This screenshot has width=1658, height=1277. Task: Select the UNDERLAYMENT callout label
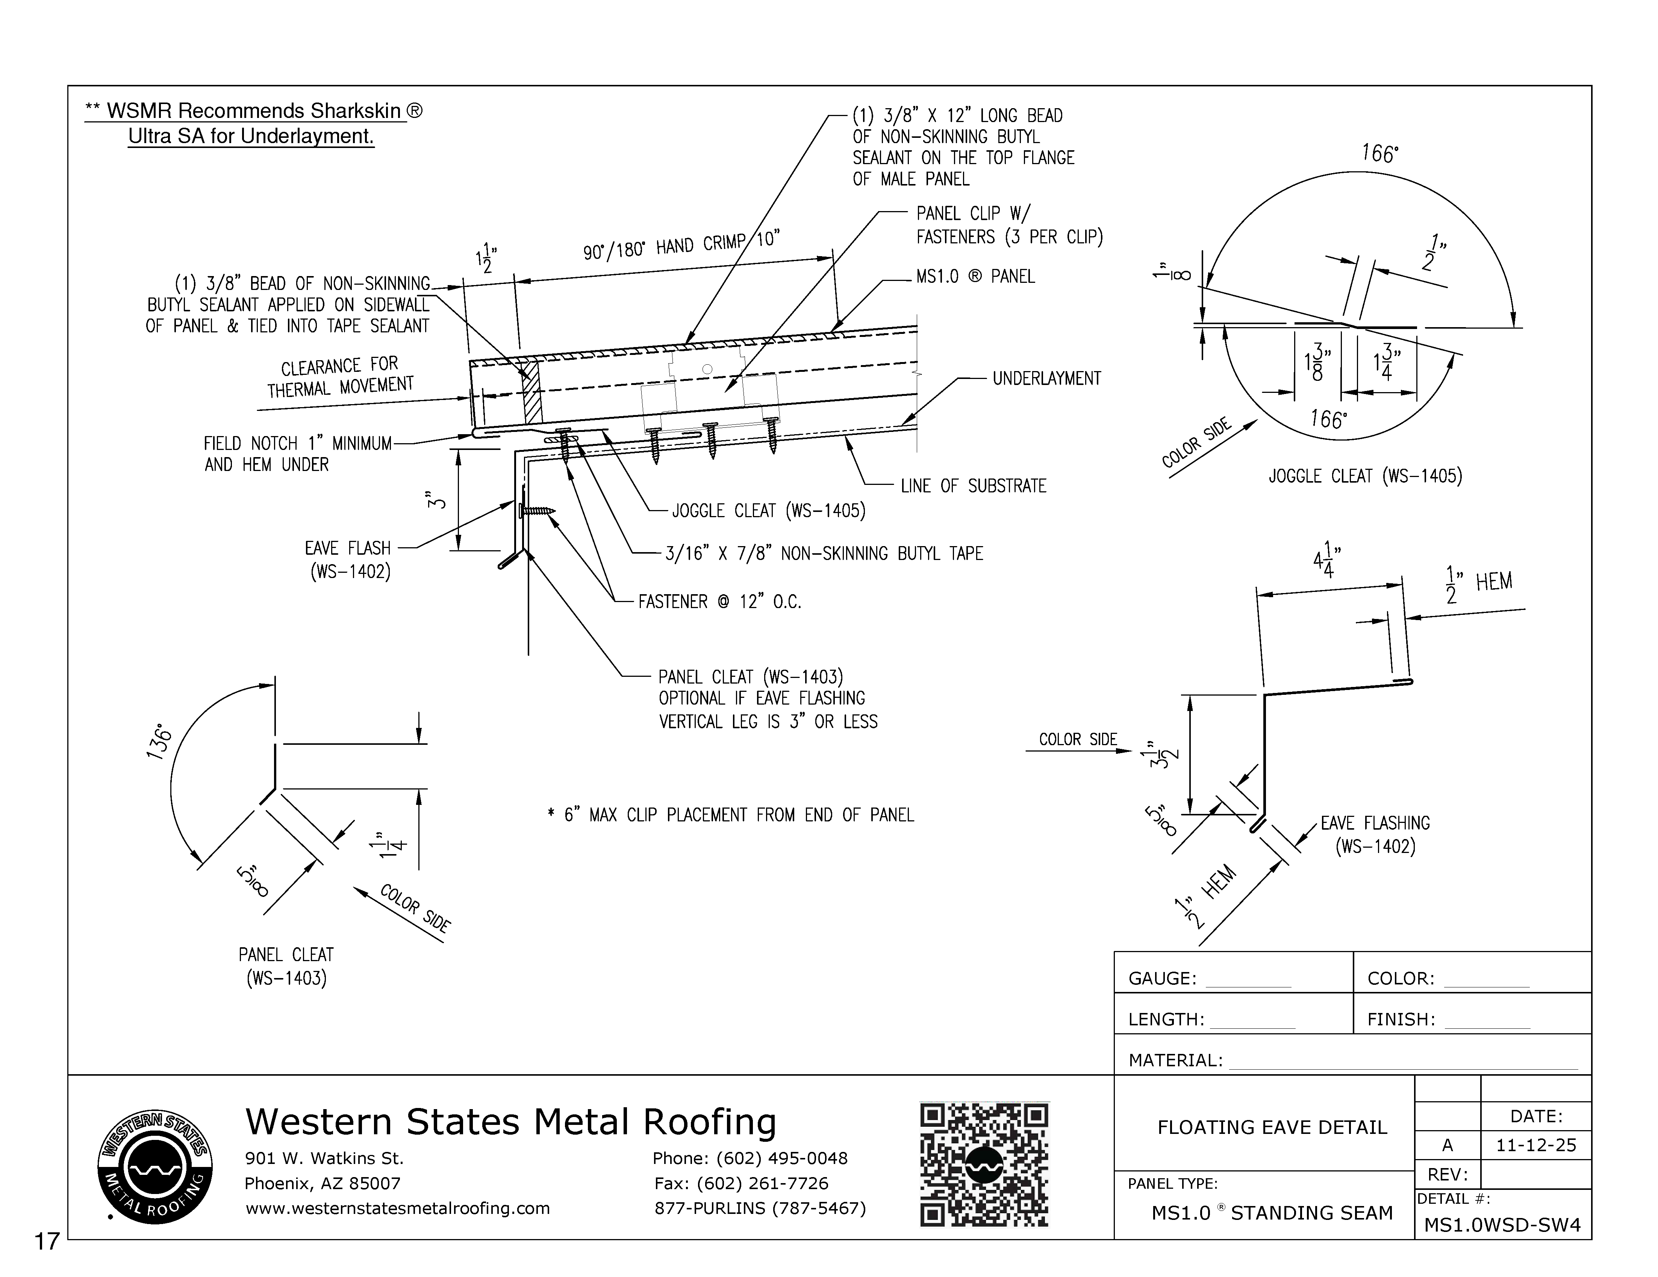pos(1046,379)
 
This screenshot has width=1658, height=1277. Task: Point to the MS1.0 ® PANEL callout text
pos(975,277)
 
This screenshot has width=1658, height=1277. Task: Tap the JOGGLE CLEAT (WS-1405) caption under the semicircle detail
pos(1365,477)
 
